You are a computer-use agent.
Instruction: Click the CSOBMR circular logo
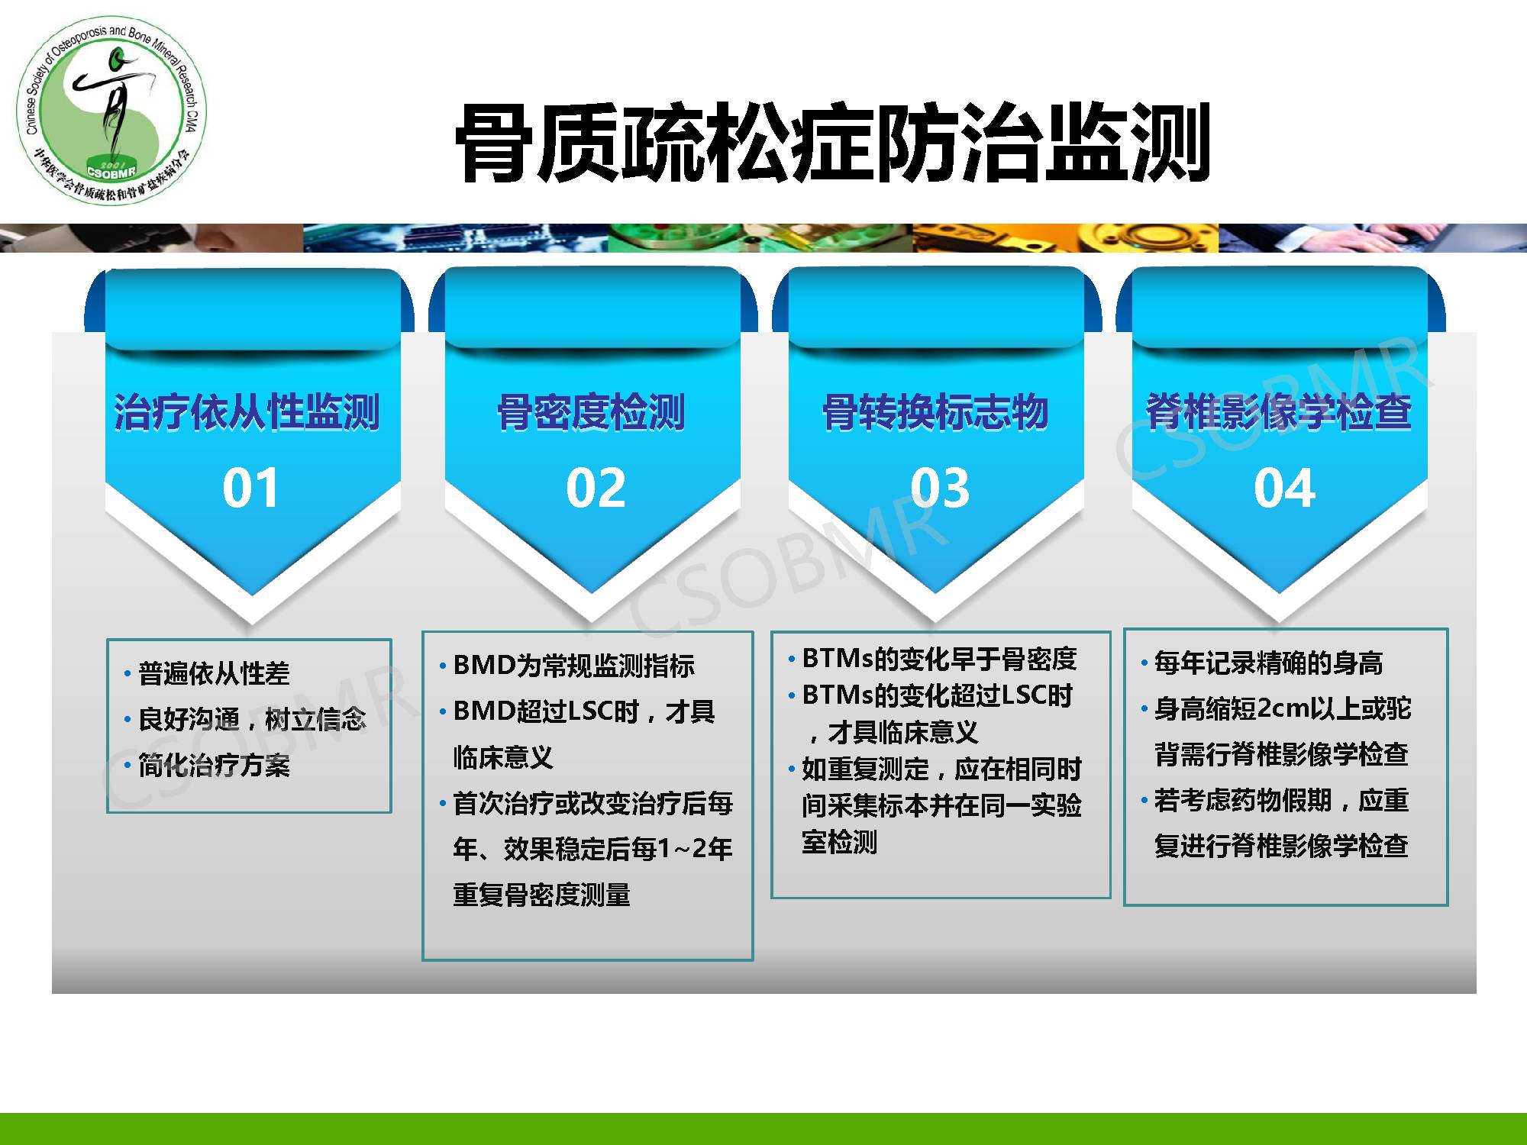point(112,111)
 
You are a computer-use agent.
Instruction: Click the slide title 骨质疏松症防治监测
point(832,143)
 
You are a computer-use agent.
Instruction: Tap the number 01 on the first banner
point(250,488)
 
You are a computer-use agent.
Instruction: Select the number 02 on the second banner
point(596,488)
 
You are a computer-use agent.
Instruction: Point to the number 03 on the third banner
point(940,488)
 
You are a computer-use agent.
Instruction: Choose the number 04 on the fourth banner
point(1284,488)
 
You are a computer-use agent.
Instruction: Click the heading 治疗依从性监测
point(247,412)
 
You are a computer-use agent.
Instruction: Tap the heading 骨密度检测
point(591,412)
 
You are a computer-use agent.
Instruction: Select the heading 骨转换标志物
point(935,412)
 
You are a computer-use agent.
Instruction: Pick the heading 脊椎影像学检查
point(1279,412)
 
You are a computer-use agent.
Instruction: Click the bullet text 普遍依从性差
point(214,673)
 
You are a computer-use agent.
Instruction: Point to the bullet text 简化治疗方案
point(214,765)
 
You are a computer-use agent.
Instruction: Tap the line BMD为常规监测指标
point(573,666)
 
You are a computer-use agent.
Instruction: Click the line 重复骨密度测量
point(541,895)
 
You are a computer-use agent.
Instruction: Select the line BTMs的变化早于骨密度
point(939,658)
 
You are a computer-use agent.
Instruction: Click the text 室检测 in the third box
point(839,842)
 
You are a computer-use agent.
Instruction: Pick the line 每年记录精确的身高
point(1268,663)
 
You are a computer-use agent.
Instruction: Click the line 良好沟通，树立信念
point(252,719)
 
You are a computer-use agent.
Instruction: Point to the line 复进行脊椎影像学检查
point(1281,846)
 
